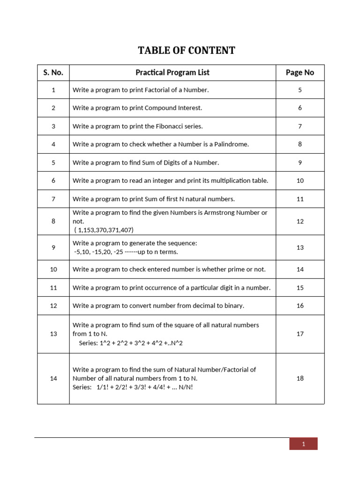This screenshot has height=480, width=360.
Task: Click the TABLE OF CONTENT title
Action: (186, 50)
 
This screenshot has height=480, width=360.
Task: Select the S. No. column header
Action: (53, 73)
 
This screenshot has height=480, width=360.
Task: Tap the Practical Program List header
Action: (172, 73)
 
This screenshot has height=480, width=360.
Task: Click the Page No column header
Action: (300, 73)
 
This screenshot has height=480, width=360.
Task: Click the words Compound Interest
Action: (173, 108)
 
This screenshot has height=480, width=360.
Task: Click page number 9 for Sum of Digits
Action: (300, 163)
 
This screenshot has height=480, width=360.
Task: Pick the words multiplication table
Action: (241, 181)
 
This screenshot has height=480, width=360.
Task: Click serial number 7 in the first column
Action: (53, 199)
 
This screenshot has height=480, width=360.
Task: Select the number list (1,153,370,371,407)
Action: (104, 230)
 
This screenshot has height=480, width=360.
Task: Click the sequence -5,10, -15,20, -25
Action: (101, 252)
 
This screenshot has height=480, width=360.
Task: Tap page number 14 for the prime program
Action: (300, 270)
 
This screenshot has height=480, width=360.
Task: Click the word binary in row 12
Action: (234, 306)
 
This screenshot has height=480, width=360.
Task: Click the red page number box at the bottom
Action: (303, 444)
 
